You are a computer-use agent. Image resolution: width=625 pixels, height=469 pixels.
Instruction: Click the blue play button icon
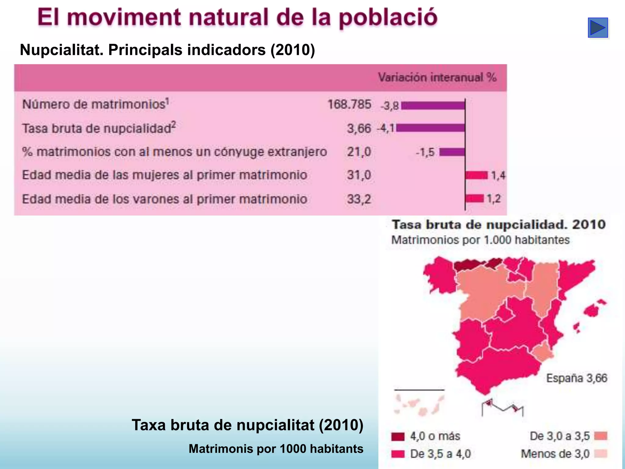pos(598,28)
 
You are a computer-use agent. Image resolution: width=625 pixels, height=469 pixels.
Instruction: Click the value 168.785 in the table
pos(349,104)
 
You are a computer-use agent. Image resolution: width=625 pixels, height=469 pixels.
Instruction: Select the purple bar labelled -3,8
pos(433,106)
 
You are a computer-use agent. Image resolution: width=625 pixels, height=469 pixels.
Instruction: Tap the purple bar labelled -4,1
pos(431,128)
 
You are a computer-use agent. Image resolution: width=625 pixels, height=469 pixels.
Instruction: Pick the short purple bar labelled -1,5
pos(452,152)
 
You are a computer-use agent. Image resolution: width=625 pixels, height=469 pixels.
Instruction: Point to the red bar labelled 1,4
pos(476,175)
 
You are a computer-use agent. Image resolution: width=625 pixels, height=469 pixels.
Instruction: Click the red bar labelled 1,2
pos(475,198)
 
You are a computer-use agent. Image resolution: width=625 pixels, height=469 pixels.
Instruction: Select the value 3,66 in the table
pos(359,129)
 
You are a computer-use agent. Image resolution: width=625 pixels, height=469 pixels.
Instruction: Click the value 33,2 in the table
pos(359,199)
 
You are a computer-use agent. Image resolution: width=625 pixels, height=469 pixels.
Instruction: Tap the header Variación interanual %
pos(437,78)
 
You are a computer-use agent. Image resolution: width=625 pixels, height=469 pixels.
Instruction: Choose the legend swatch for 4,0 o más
pos(398,436)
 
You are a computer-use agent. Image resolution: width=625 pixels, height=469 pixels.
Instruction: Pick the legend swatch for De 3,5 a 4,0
pos(398,454)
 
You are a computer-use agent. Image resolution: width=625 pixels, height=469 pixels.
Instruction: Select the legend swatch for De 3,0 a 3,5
pos(601,436)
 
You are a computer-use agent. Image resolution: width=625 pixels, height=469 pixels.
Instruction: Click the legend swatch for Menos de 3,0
pos(601,454)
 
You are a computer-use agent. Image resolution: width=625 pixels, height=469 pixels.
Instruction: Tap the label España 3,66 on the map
pos(576,378)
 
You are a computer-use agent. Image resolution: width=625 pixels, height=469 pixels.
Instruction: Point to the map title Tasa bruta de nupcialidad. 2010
pos(498,225)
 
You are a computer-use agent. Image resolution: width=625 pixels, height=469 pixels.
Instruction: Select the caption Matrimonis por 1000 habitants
pos(276,449)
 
